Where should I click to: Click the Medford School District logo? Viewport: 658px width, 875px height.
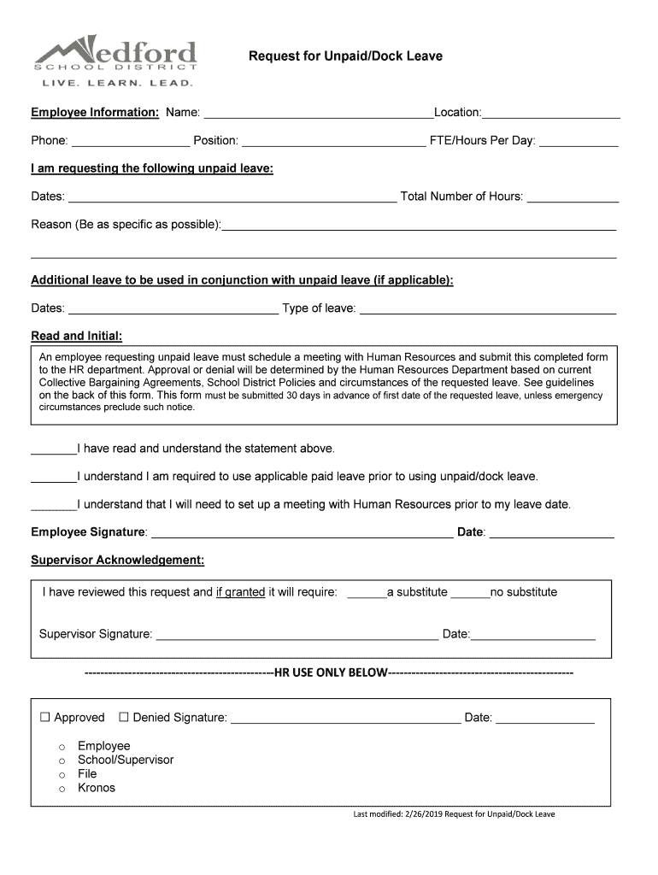click(x=115, y=59)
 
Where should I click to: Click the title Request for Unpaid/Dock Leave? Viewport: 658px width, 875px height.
click(x=345, y=56)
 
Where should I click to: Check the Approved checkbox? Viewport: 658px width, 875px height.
click(x=45, y=717)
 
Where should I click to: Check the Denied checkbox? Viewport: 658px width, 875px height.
click(x=124, y=717)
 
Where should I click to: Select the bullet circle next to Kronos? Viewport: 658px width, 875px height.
click(x=62, y=789)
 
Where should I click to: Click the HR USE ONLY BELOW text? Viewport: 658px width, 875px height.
click(x=330, y=672)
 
